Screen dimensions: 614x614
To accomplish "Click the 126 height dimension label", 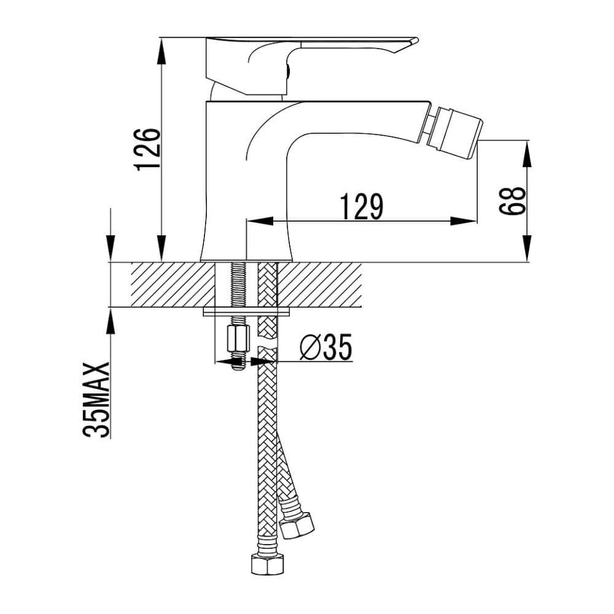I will (x=148, y=149).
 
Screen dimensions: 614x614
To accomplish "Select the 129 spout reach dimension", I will (x=362, y=206).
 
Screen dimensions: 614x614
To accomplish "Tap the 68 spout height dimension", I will (x=512, y=201).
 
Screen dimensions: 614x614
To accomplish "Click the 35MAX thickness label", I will (x=97, y=399).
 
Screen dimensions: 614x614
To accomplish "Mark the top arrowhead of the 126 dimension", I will (x=161, y=49).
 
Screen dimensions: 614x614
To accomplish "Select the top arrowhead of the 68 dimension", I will (x=527, y=150).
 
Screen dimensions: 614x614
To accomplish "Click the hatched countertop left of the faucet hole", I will (x=166, y=284).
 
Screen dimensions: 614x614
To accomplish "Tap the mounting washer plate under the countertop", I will (x=246, y=312).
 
